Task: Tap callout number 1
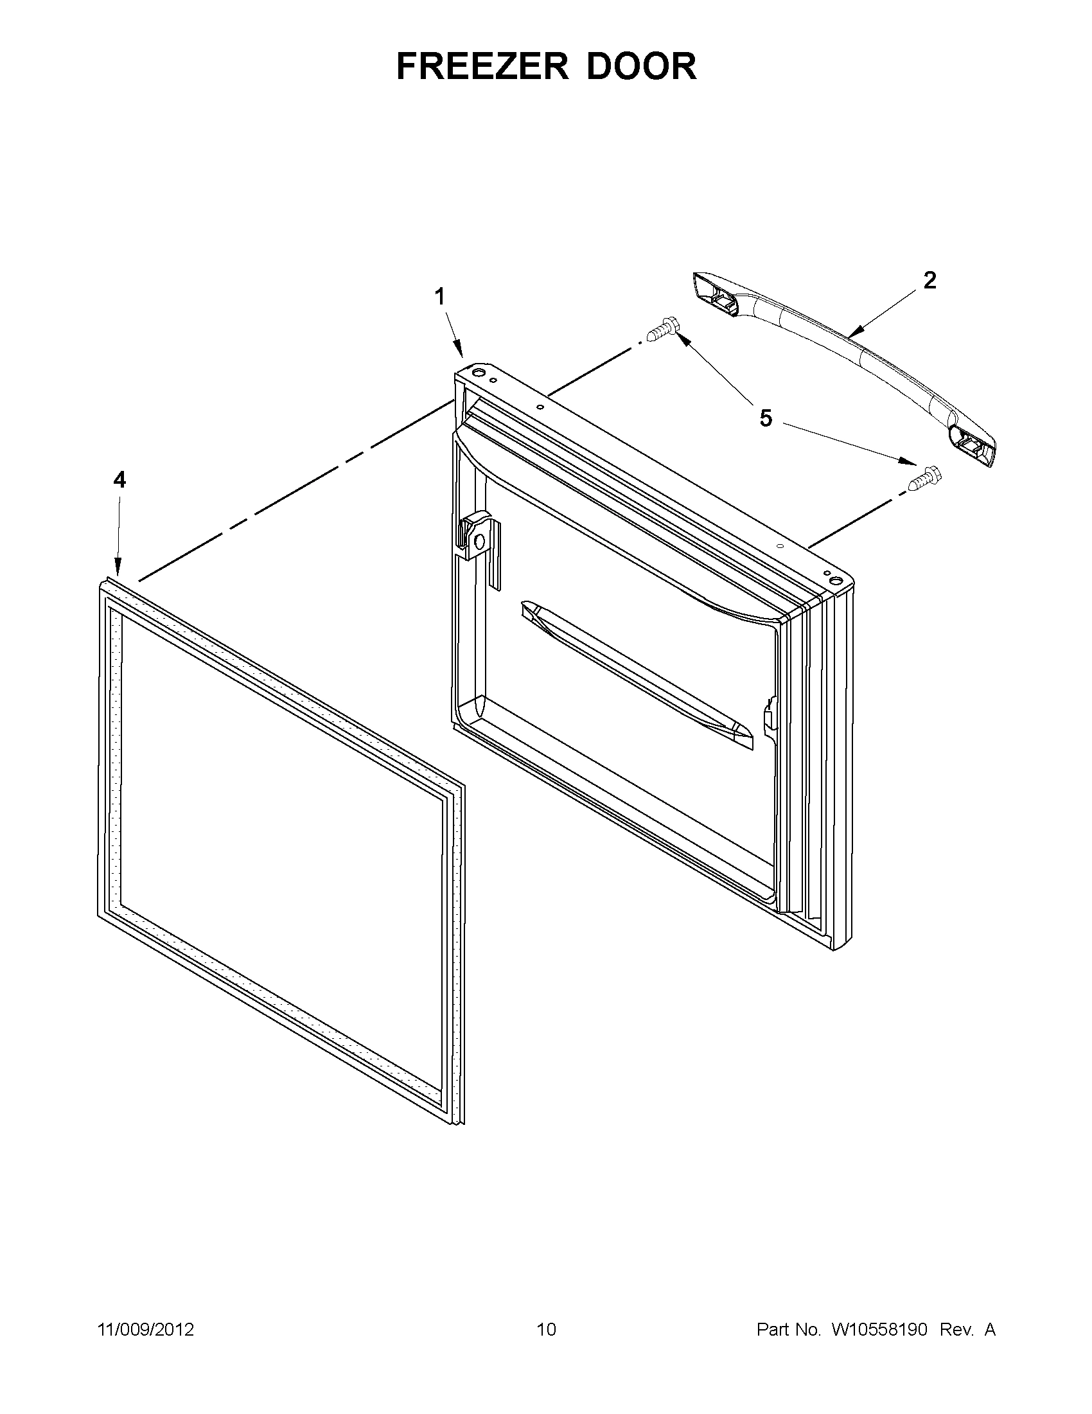tap(439, 297)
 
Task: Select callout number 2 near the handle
tap(929, 280)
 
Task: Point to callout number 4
tap(119, 480)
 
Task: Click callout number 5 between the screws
tap(765, 418)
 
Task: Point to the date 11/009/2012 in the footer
tap(146, 1330)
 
